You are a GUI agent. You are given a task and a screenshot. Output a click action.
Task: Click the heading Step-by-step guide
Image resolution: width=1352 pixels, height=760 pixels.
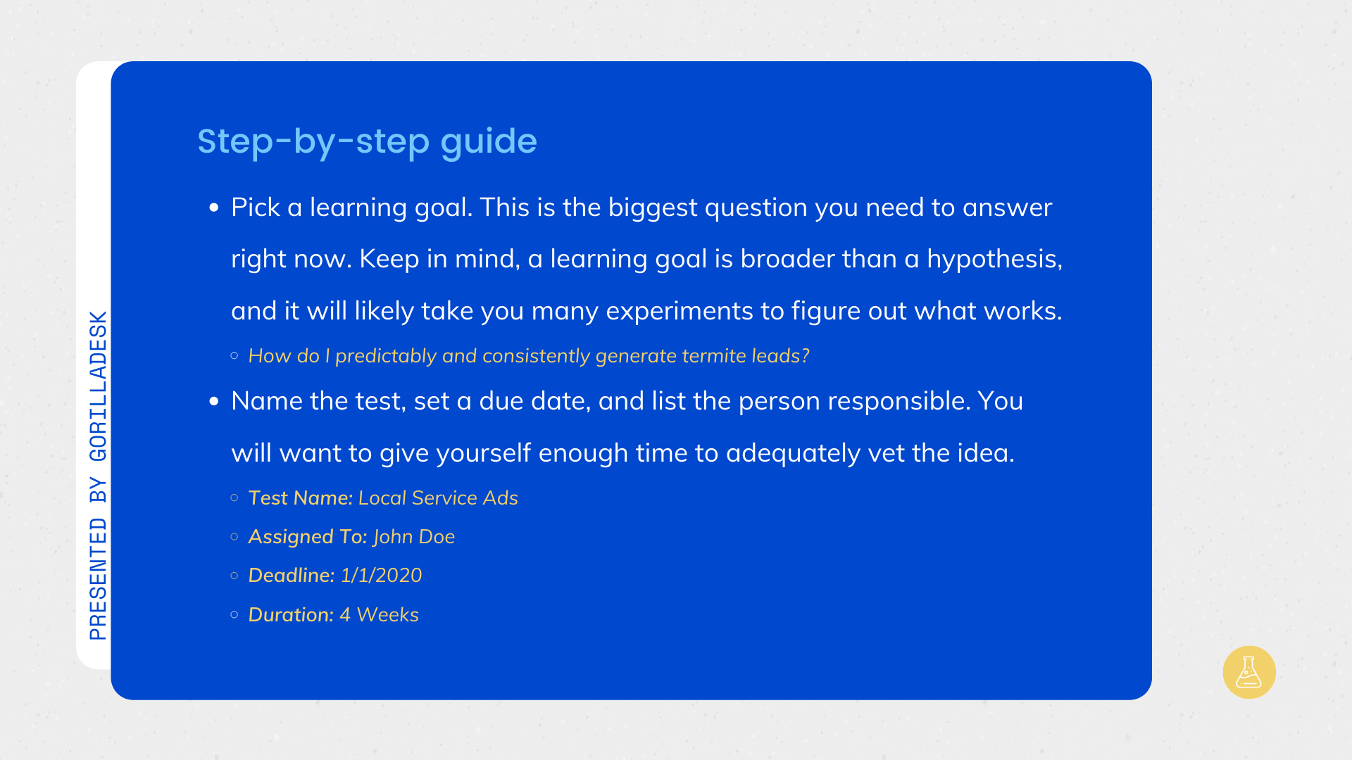coord(367,142)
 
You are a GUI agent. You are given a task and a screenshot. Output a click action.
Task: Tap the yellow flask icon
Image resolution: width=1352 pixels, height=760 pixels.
coord(1249,672)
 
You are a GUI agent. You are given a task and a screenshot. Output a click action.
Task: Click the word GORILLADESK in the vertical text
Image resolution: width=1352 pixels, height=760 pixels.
coord(99,386)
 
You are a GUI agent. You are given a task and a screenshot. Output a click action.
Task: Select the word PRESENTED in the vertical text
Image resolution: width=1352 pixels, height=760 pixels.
coord(99,578)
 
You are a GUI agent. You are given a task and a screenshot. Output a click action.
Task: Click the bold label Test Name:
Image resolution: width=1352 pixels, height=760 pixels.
coord(301,498)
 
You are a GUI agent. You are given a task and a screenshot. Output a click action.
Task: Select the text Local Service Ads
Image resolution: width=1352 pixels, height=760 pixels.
coord(438,498)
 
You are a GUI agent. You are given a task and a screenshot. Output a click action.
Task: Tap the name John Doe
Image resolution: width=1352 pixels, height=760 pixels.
coord(414,537)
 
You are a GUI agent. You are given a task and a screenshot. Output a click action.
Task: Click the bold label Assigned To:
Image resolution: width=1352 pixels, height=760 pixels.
coord(308,537)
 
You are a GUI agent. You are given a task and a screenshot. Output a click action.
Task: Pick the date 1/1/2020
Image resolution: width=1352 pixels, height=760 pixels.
coord(381,576)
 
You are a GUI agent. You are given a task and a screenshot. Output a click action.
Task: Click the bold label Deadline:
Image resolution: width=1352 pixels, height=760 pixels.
coord(292,576)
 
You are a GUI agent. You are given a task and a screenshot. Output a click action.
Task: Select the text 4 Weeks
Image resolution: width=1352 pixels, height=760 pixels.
coord(379,615)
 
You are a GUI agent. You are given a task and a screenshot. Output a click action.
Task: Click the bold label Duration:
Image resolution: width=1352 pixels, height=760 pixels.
coord(291,615)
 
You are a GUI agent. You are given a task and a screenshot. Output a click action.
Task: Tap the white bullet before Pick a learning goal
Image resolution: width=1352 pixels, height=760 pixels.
coord(214,208)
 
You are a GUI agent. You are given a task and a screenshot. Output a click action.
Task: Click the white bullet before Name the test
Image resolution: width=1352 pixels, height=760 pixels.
coord(214,402)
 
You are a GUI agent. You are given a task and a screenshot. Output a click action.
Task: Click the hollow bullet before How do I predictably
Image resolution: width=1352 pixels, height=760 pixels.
coord(234,356)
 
